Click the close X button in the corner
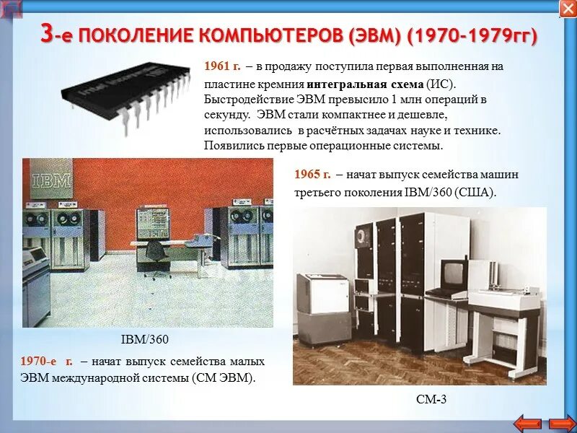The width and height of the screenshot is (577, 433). point(567,9)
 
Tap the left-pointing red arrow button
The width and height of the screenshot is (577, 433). point(529,422)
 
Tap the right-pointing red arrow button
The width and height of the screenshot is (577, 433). point(563,422)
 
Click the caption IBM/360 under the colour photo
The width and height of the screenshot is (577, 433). point(147,340)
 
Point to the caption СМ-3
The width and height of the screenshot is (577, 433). point(432,398)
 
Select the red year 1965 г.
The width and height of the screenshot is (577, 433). point(312,175)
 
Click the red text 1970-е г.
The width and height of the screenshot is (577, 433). point(47,361)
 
